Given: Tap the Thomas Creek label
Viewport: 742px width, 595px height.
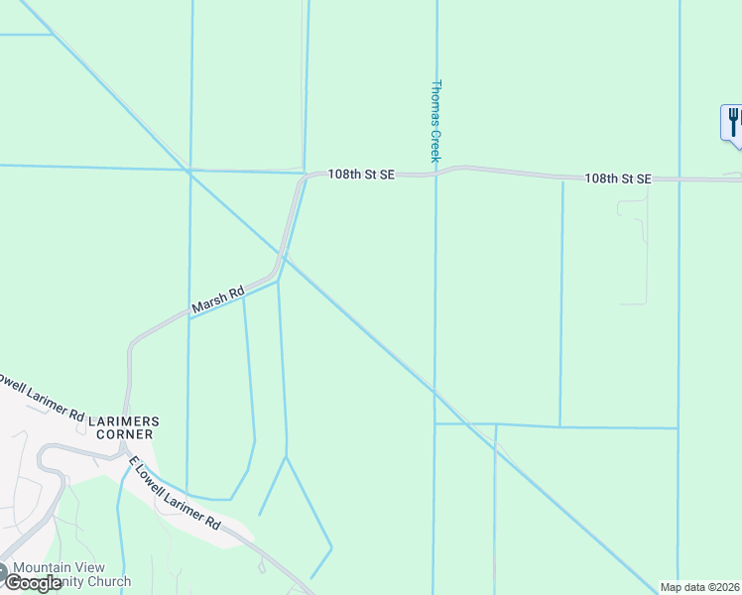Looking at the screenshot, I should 434,120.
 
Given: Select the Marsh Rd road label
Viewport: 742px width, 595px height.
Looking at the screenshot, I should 218,301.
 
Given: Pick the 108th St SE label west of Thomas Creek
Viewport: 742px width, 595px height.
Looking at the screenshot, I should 362,174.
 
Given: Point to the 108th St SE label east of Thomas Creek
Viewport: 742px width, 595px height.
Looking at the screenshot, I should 617,178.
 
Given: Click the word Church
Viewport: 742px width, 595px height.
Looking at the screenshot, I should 109,582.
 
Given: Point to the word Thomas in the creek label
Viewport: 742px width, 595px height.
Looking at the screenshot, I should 434,103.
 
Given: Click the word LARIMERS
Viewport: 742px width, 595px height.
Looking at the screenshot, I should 124,421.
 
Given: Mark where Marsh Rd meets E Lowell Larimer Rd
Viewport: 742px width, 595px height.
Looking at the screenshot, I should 126,448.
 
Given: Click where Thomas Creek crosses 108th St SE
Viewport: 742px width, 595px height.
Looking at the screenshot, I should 434,174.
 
